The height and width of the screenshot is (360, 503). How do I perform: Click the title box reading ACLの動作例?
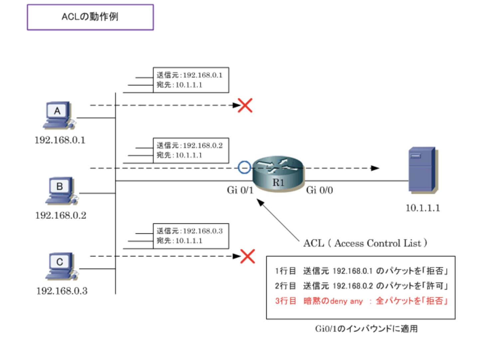pos(90,17)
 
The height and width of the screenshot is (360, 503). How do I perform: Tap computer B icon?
pos(61,190)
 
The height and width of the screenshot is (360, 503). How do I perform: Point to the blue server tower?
pos(422,170)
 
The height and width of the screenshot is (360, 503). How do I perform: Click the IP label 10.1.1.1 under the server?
pos(422,208)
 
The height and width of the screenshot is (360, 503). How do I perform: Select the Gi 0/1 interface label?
pos(240,190)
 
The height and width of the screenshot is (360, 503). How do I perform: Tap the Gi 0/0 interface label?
pos(319,190)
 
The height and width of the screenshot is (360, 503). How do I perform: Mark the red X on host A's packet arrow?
pos(245,105)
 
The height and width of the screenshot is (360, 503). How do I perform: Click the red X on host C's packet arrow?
pos(248,256)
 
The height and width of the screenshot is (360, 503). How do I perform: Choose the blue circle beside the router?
pos(244,167)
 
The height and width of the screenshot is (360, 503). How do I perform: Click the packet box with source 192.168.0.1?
pos(191,80)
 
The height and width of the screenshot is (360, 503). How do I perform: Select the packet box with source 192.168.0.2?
pos(191,150)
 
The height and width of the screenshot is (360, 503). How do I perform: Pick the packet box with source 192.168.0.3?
pos(191,236)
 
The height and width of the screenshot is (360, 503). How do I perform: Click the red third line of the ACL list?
pos(361,301)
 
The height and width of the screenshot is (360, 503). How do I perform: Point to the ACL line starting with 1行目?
pos(361,271)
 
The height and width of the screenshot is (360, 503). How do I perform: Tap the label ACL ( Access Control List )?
pos(365,243)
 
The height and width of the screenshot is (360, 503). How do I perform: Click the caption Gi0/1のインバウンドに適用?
pos(366,329)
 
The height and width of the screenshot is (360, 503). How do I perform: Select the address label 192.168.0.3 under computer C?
pos(62,291)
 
